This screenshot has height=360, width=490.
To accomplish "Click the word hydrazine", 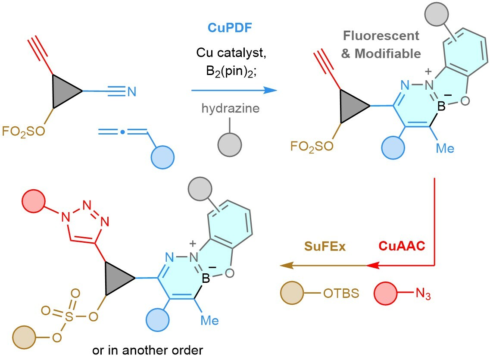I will pos(231,109).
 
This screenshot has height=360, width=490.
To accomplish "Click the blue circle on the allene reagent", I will pos(162,158).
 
